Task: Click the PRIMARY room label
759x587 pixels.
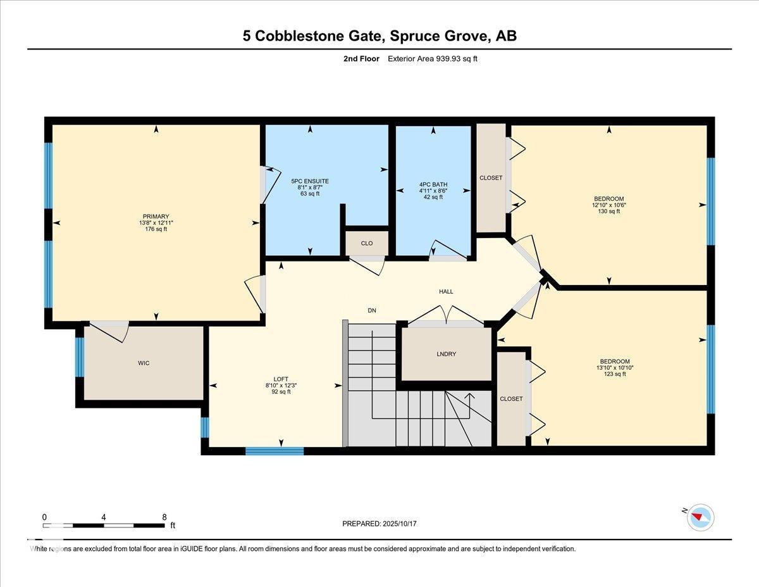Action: (156, 217)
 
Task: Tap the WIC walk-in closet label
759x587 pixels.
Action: (144, 363)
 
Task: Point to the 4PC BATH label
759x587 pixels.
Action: (433, 184)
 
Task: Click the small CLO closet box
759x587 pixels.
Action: (367, 243)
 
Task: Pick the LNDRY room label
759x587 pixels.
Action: (447, 354)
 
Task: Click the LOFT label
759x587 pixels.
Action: (281, 379)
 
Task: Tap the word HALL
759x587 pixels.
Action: (447, 292)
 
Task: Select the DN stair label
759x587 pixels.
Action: (373, 310)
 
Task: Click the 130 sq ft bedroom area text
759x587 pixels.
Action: (609, 211)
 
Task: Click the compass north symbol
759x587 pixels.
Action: (700, 517)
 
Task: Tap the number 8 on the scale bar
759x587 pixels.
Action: (164, 517)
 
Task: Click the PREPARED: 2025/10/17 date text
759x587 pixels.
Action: (380, 524)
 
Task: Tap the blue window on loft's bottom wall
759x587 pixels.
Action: (275, 451)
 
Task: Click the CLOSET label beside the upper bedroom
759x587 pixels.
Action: (491, 178)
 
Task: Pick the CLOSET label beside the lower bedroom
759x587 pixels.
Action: (511, 399)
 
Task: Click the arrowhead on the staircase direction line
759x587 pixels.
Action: (469, 396)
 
